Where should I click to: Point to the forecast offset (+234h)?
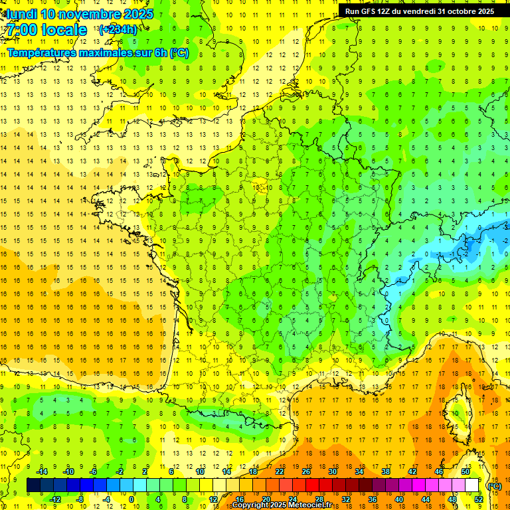tap(118, 29)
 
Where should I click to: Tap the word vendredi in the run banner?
tap(415, 11)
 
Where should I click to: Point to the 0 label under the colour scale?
tap(131, 499)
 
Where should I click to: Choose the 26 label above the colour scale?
tap(306, 471)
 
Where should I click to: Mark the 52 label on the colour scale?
tap(479, 499)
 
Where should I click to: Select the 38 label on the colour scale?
tap(385, 471)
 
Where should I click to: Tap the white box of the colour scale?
tap(471, 485)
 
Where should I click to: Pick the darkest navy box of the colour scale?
tap(33, 485)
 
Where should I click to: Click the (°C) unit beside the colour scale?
tap(494, 485)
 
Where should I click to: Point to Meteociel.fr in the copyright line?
tap(310, 505)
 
